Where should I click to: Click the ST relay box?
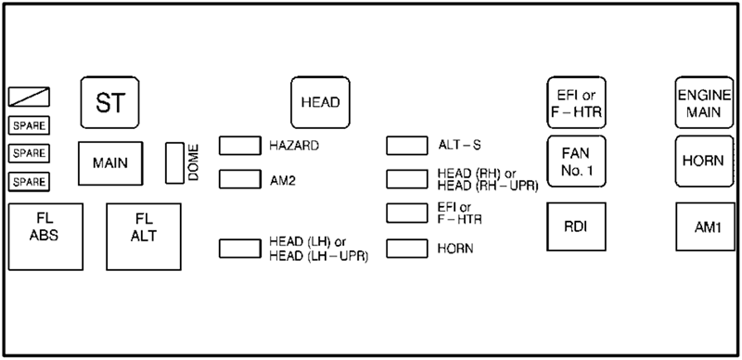pos(109,103)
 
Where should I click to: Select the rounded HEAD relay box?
pos(319,101)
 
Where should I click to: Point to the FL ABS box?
pos(44,227)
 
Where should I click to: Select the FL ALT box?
pos(143,227)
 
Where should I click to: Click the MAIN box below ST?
pos(109,163)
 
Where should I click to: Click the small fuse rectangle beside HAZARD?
pos(239,146)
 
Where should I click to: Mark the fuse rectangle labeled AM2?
pos(239,178)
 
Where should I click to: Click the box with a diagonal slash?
pos(29,96)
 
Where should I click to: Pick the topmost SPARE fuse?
pos(29,125)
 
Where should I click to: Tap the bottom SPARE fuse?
pos(29,181)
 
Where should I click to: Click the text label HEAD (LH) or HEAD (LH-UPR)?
pos(319,249)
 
